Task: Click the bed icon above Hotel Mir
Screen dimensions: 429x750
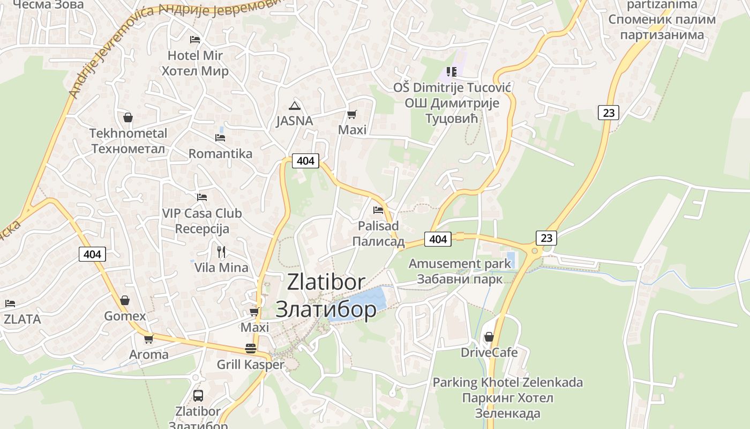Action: [195, 40]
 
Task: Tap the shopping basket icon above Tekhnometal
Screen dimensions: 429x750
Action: [128, 117]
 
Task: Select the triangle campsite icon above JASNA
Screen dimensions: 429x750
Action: [294, 106]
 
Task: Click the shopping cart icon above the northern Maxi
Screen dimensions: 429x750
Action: [352, 114]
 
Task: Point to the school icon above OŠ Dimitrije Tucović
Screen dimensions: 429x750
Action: [452, 71]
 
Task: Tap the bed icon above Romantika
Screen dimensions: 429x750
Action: [220, 138]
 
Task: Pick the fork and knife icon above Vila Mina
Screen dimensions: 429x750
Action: [221, 252]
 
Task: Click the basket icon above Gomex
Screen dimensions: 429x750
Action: [125, 300]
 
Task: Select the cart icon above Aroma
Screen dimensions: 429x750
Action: [148, 339]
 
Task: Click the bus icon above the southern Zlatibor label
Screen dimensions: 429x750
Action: [198, 396]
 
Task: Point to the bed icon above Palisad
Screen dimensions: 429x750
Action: [378, 210]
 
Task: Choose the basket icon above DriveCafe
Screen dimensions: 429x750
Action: [489, 337]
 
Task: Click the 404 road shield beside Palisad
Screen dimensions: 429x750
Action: [438, 239]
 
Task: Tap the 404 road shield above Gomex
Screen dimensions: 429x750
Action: [92, 254]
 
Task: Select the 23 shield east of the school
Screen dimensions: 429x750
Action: [609, 113]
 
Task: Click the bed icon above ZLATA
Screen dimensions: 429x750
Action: [10, 304]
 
